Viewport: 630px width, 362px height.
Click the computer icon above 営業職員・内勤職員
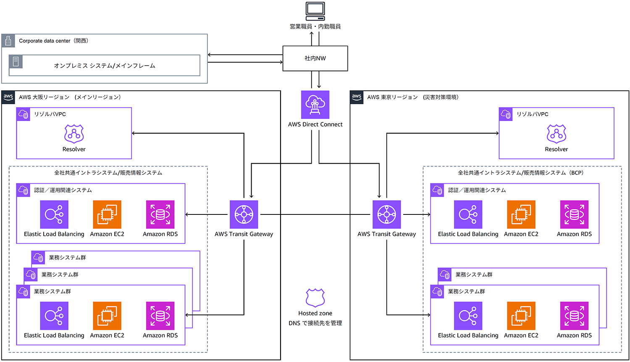315,11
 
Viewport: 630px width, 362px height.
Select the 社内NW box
315,58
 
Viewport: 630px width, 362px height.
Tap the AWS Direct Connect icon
315,105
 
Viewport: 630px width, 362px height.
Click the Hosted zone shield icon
315,298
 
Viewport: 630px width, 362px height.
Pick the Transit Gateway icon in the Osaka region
244,214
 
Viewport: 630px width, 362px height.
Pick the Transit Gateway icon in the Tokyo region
386,214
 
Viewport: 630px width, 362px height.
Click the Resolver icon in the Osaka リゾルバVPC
74,134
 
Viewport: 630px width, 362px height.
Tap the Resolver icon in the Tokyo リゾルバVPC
556,134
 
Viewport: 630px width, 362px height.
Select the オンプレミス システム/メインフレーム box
105,66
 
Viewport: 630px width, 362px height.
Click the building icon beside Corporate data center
8,41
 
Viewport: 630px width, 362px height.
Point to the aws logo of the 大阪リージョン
8,97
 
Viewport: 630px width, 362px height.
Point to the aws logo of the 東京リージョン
357,97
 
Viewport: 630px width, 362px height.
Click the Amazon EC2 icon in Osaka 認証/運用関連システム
107,214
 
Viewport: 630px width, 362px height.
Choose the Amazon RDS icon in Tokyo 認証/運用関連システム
574,214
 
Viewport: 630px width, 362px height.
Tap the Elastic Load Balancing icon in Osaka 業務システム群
54,316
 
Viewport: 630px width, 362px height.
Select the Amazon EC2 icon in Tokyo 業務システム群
521,316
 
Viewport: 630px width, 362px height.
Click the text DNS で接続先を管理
315,323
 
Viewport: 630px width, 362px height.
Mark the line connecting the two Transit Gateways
315,214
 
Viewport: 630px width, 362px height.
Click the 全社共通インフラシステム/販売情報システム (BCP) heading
521,173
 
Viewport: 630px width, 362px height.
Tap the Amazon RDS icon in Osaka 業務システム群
160,316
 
